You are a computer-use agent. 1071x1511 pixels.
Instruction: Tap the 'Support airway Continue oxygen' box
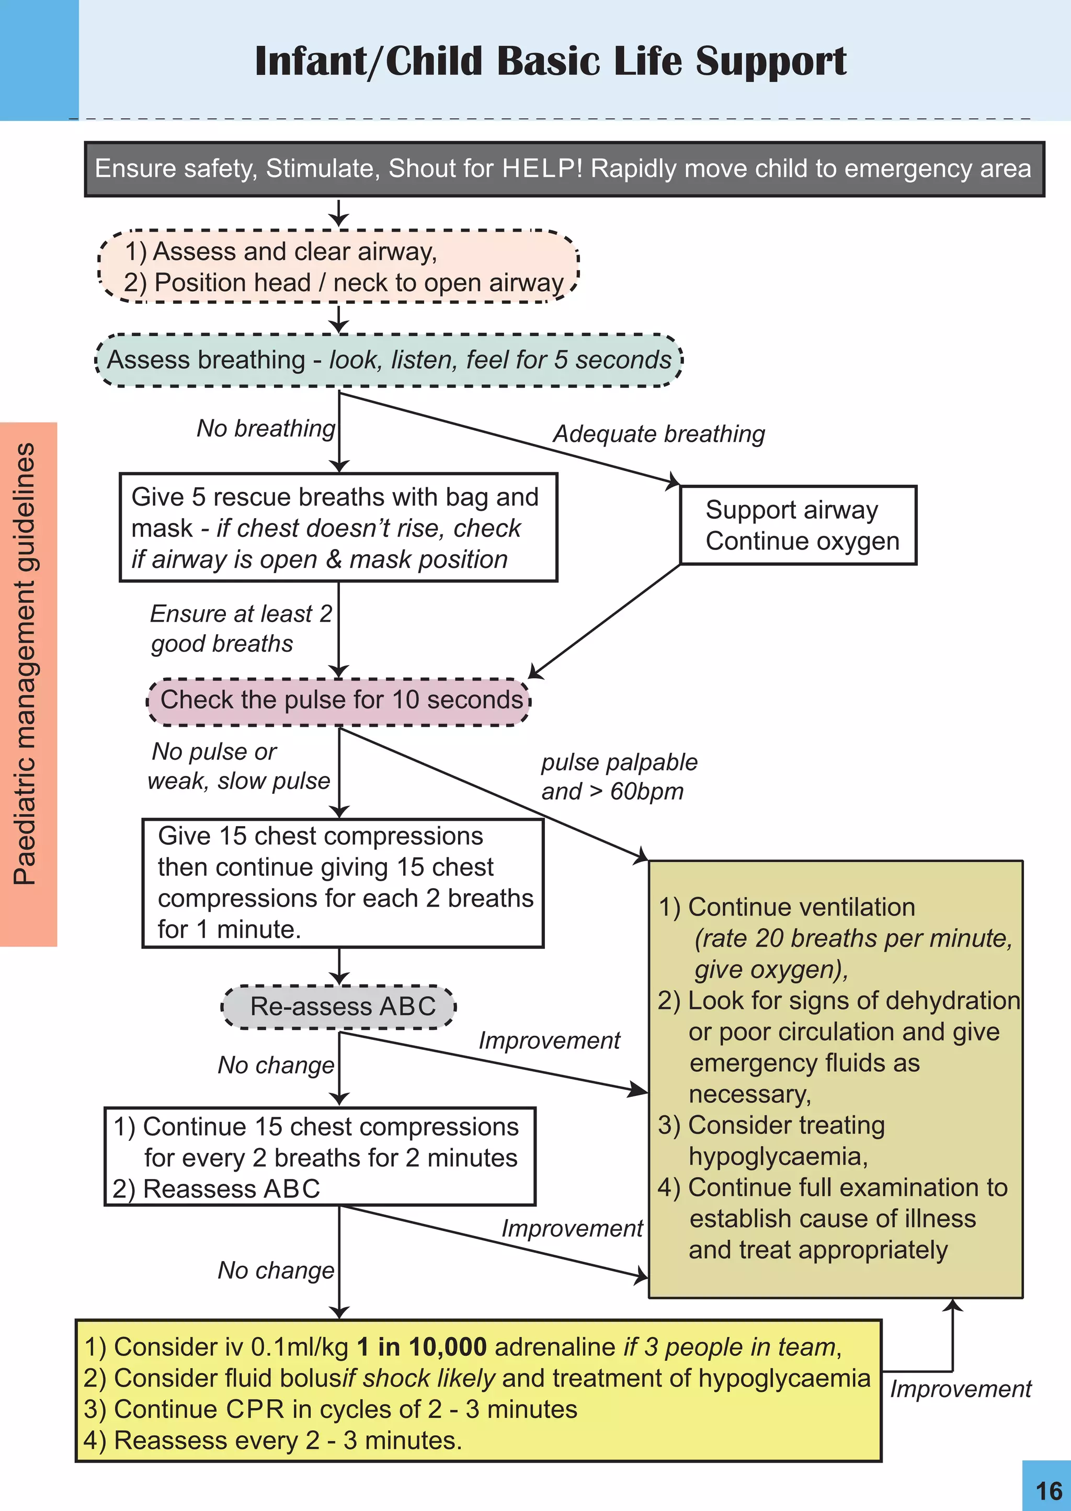point(798,525)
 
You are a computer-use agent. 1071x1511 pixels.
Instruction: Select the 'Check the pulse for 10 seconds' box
point(339,701)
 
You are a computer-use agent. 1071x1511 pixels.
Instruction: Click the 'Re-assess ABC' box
point(339,1006)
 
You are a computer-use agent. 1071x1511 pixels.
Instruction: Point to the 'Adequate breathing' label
point(658,434)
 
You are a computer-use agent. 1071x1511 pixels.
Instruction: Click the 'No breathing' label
point(266,429)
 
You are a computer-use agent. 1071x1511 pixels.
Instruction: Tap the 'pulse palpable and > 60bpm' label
point(618,776)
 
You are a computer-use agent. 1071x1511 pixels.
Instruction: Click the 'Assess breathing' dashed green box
point(389,360)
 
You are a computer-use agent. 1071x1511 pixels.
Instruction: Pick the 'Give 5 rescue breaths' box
point(338,528)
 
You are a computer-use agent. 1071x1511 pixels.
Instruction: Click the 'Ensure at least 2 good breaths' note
point(240,628)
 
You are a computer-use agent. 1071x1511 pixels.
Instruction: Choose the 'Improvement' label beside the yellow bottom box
point(960,1390)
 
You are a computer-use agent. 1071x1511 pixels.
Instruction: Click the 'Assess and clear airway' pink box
point(338,267)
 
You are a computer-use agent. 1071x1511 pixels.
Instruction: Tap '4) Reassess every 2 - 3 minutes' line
point(272,1441)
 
